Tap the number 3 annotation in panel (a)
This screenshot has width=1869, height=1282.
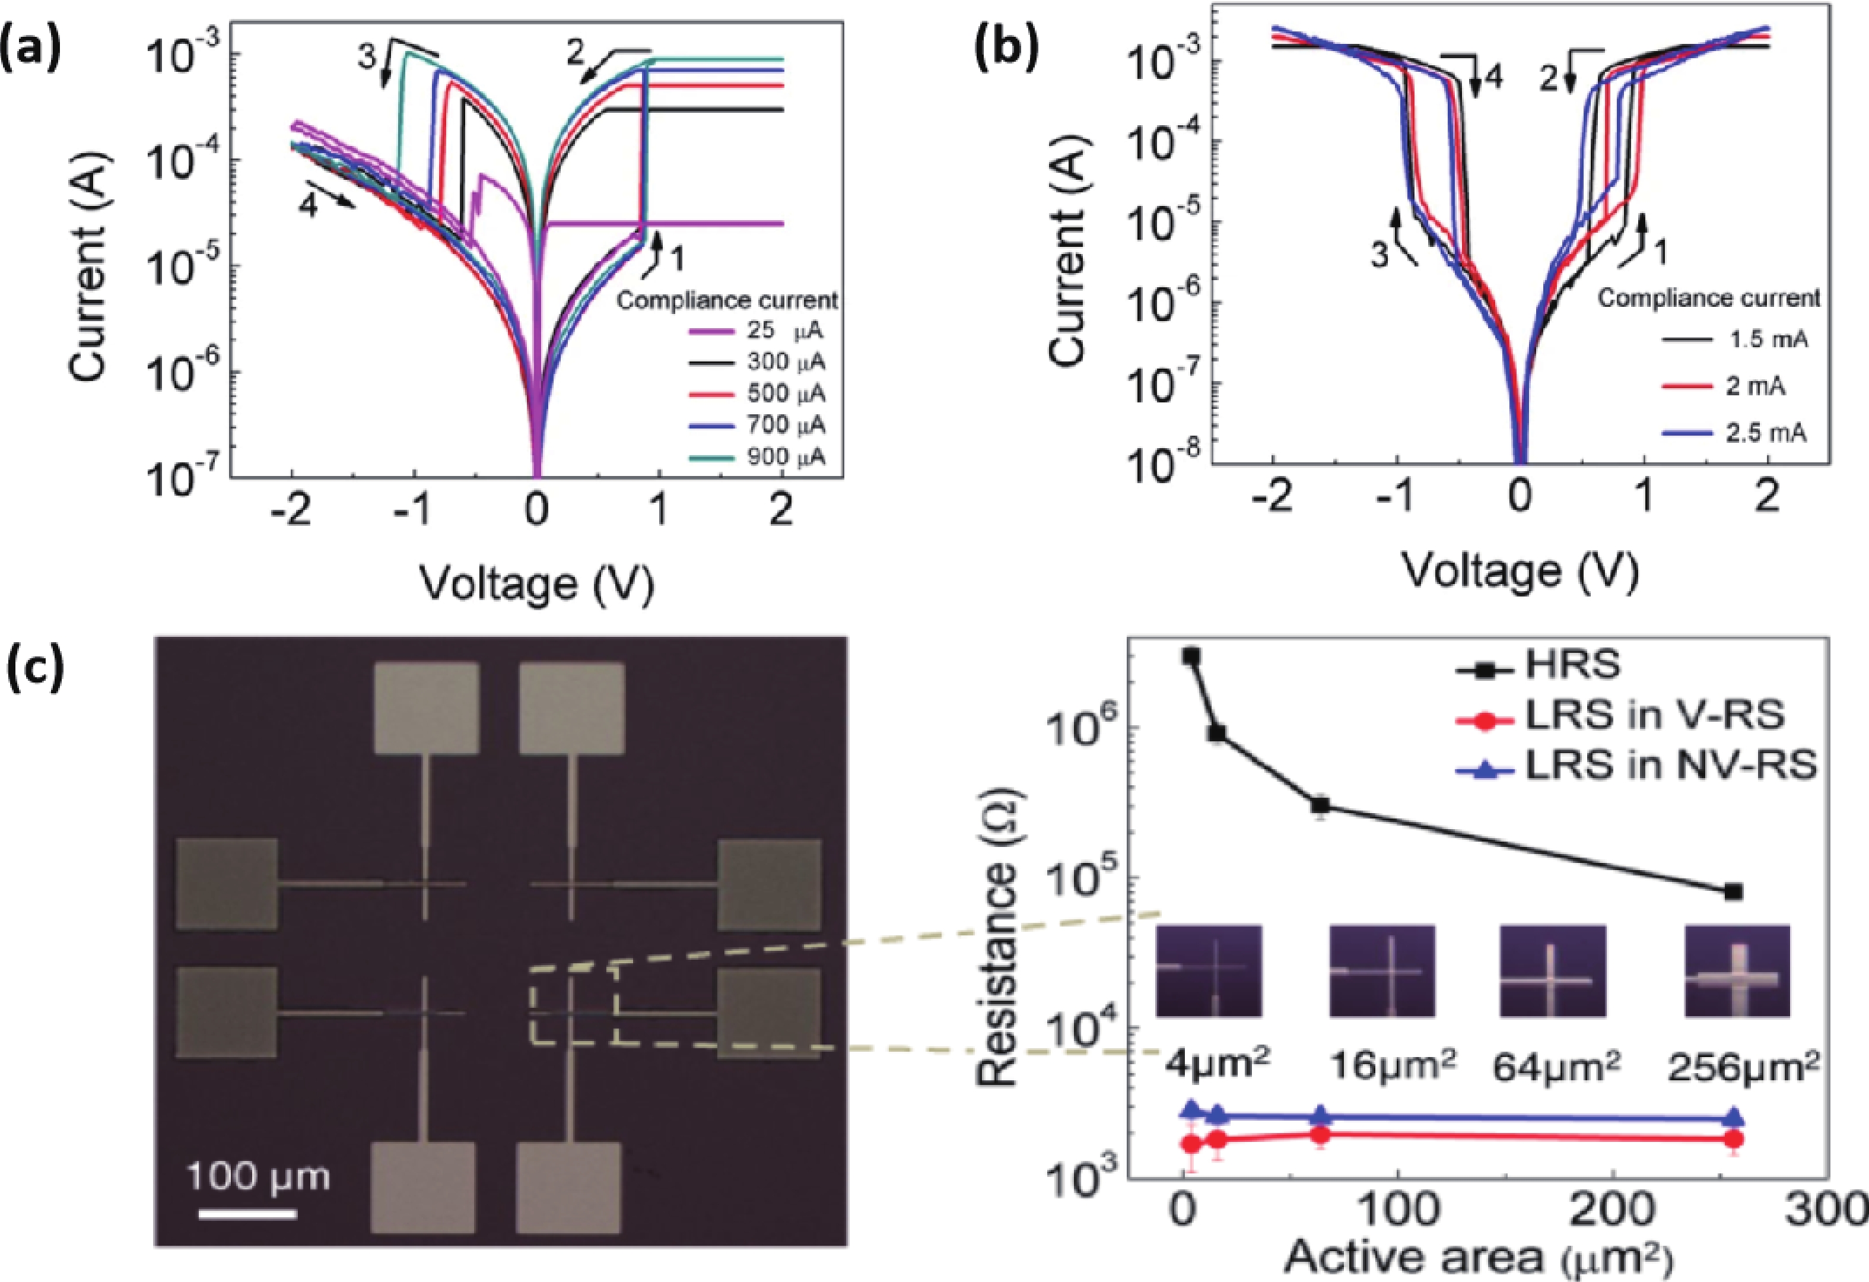(x=367, y=57)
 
